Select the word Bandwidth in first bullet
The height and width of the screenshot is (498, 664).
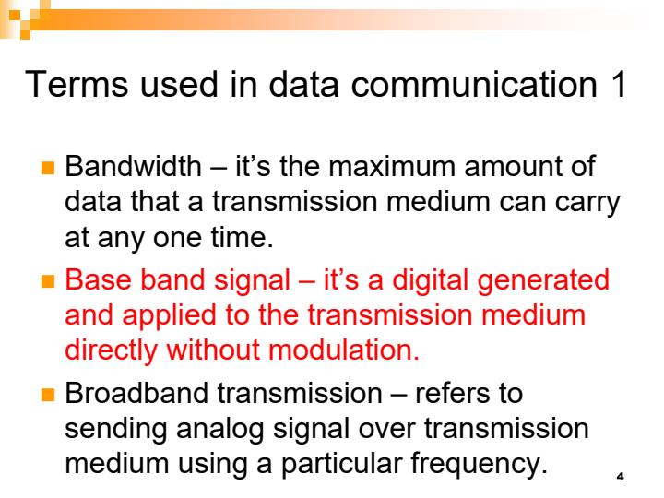130,172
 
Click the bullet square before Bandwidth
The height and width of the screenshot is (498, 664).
54,173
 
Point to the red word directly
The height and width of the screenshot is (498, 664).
117,349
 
